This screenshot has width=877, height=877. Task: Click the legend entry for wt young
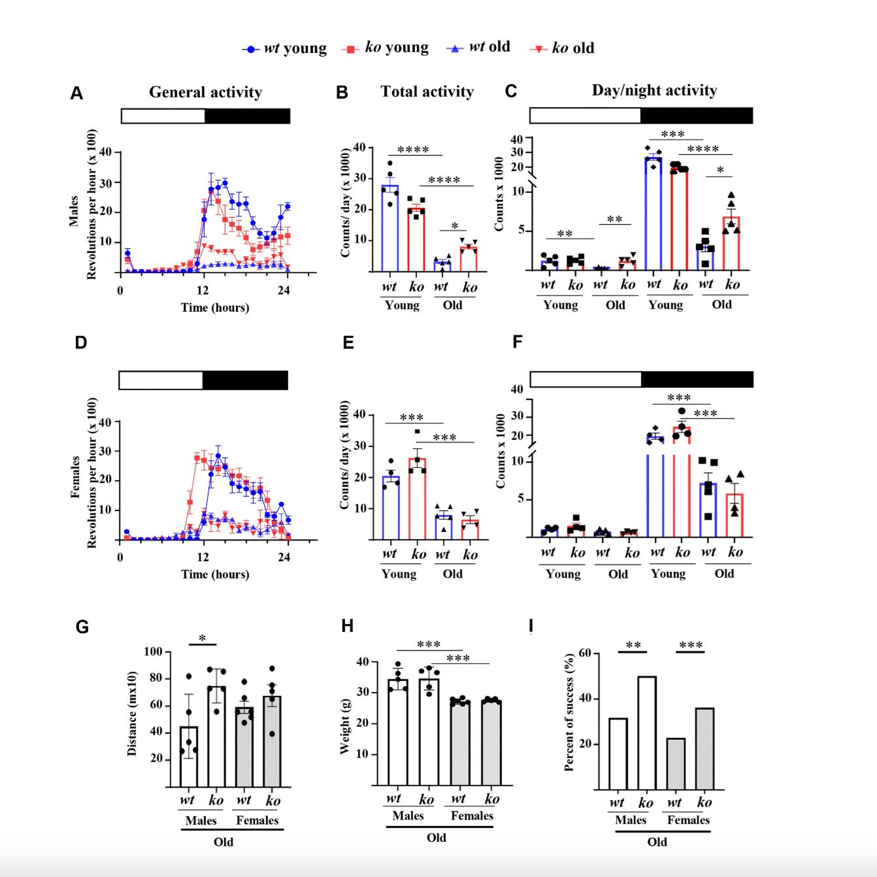[x=285, y=48]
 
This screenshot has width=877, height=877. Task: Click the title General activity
[x=205, y=92]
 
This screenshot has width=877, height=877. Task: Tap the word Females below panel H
[x=472, y=816]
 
